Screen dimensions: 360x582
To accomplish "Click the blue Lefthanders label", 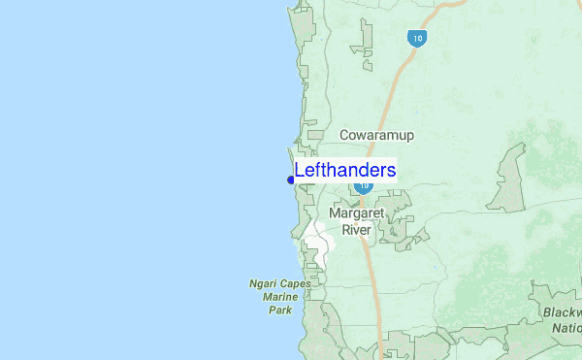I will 344,171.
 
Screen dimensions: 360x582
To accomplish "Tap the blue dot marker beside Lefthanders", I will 291,180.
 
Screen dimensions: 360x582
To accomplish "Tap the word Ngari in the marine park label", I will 260,284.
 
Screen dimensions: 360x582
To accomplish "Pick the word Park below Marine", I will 279,311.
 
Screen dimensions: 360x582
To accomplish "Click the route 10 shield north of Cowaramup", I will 416,39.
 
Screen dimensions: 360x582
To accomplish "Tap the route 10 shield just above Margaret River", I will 364,185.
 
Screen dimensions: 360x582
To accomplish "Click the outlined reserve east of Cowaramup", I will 509,180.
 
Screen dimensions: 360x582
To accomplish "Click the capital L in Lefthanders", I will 300,171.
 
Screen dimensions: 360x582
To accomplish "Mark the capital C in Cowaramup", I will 345,135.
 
